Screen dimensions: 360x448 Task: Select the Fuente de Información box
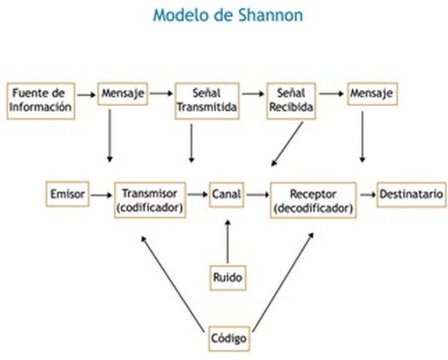(x=42, y=100)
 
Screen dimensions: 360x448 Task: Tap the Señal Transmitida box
(x=206, y=100)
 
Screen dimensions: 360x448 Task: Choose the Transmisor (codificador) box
(x=150, y=199)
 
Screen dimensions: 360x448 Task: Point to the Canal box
(x=226, y=194)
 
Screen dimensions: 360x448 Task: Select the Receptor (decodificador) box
(x=312, y=199)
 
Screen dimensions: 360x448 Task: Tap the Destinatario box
(x=411, y=194)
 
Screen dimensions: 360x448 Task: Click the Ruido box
(x=227, y=277)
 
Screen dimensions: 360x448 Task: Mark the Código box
(x=228, y=339)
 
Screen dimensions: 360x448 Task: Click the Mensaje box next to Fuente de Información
(x=122, y=94)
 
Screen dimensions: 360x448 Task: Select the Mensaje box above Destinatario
(x=372, y=94)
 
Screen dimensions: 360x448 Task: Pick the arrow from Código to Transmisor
(x=175, y=283)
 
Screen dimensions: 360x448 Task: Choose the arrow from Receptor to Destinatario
(x=367, y=194)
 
